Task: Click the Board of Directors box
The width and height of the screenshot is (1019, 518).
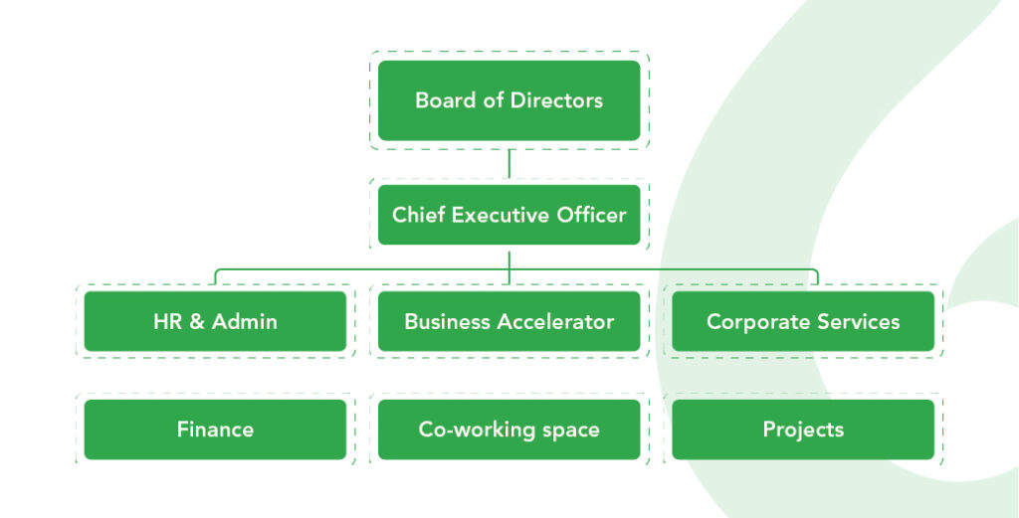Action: pyautogui.click(x=509, y=100)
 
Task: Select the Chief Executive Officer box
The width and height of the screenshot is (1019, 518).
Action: pyautogui.click(x=509, y=215)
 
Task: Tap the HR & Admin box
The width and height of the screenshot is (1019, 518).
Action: pyautogui.click(x=215, y=321)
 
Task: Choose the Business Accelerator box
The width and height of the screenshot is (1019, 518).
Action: pyautogui.click(x=509, y=321)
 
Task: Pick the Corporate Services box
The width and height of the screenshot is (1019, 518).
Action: pyautogui.click(x=803, y=321)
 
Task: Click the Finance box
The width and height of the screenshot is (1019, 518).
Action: pyautogui.click(x=215, y=430)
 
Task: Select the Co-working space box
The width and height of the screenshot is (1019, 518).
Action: pyautogui.click(x=509, y=430)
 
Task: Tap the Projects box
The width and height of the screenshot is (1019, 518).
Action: pyautogui.click(x=803, y=430)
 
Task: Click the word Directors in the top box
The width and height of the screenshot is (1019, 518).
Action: pyautogui.click(x=556, y=100)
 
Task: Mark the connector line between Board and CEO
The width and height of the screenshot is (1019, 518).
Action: pyautogui.click(x=509, y=163)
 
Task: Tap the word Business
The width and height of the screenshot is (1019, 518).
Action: pyautogui.click(x=445, y=321)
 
